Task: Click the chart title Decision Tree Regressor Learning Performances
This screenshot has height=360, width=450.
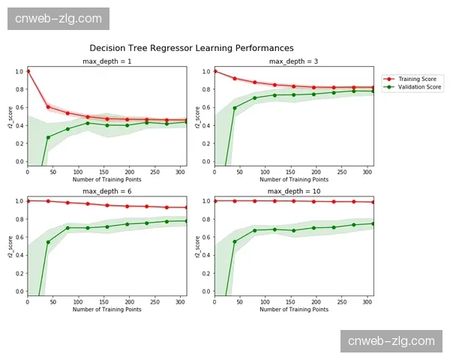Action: [x=191, y=48]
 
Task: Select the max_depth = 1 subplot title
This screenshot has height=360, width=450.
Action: [x=107, y=61]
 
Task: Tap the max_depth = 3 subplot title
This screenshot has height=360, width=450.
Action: [x=293, y=61]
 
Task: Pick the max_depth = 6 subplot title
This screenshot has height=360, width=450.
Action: [x=107, y=191]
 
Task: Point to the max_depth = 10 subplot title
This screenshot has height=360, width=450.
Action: [x=293, y=191]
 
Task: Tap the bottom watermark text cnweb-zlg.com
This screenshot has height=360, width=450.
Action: [x=391, y=341]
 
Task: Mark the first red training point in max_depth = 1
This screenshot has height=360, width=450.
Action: [x=28, y=71]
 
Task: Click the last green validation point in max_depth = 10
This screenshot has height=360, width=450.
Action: [x=373, y=223]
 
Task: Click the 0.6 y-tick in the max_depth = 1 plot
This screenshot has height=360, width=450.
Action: [x=19, y=107]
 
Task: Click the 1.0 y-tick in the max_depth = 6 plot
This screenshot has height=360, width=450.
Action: [x=19, y=201]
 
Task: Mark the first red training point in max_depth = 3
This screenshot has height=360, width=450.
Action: [x=214, y=71]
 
